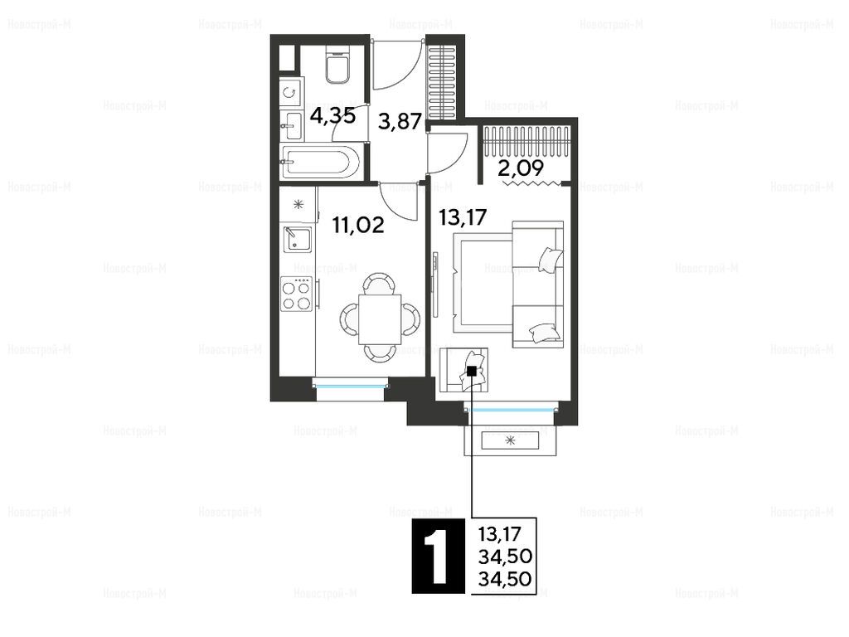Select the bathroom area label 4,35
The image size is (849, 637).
click(332, 115)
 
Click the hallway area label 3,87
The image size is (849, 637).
click(400, 121)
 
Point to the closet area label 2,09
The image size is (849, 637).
click(521, 168)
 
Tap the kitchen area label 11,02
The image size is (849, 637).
click(358, 224)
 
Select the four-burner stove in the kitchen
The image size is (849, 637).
click(297, 294)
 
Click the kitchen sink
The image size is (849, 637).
click(297, 241)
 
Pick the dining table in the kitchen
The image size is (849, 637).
click(380, 319)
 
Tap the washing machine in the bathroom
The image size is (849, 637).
click(290, 92)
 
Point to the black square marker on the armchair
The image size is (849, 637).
click(472, 371)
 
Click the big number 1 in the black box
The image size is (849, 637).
click(438, 557)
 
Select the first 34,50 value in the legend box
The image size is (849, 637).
click(505, 557)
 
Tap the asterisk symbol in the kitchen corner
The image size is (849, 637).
click(298, 204)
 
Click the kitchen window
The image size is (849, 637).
click(351, 386)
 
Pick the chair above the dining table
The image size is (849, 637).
click(379, 284)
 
